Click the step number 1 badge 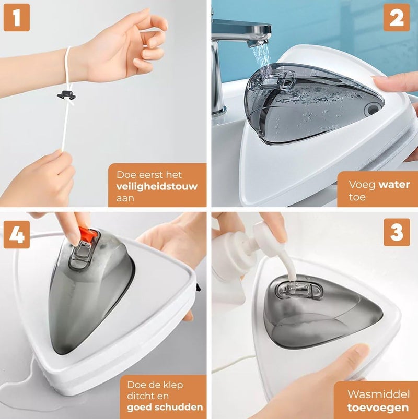tap(17, 17)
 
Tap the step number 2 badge tap(397, 18)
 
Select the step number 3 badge tap(397, 232)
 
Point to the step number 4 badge tap(17, 234)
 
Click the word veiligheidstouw tap(157, 186)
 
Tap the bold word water tap(394, 184)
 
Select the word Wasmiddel tap(378, 394)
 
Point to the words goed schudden tap(165, 407)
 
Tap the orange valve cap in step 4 tap(88, 233)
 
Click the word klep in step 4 tap(173, 385)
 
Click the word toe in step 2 tap(357, 197)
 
